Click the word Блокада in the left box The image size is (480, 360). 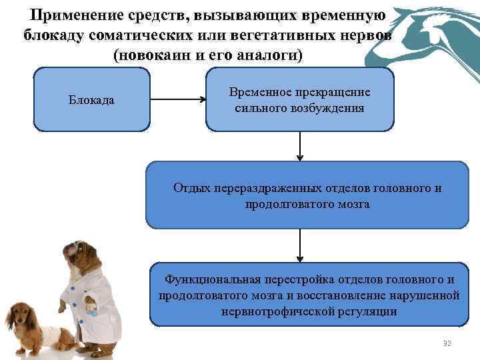(91, 100)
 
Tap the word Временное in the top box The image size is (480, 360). (256, 93)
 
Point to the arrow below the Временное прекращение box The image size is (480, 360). (300, 146)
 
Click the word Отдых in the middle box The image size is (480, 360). (192, 189)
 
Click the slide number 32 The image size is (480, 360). (447, 343)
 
